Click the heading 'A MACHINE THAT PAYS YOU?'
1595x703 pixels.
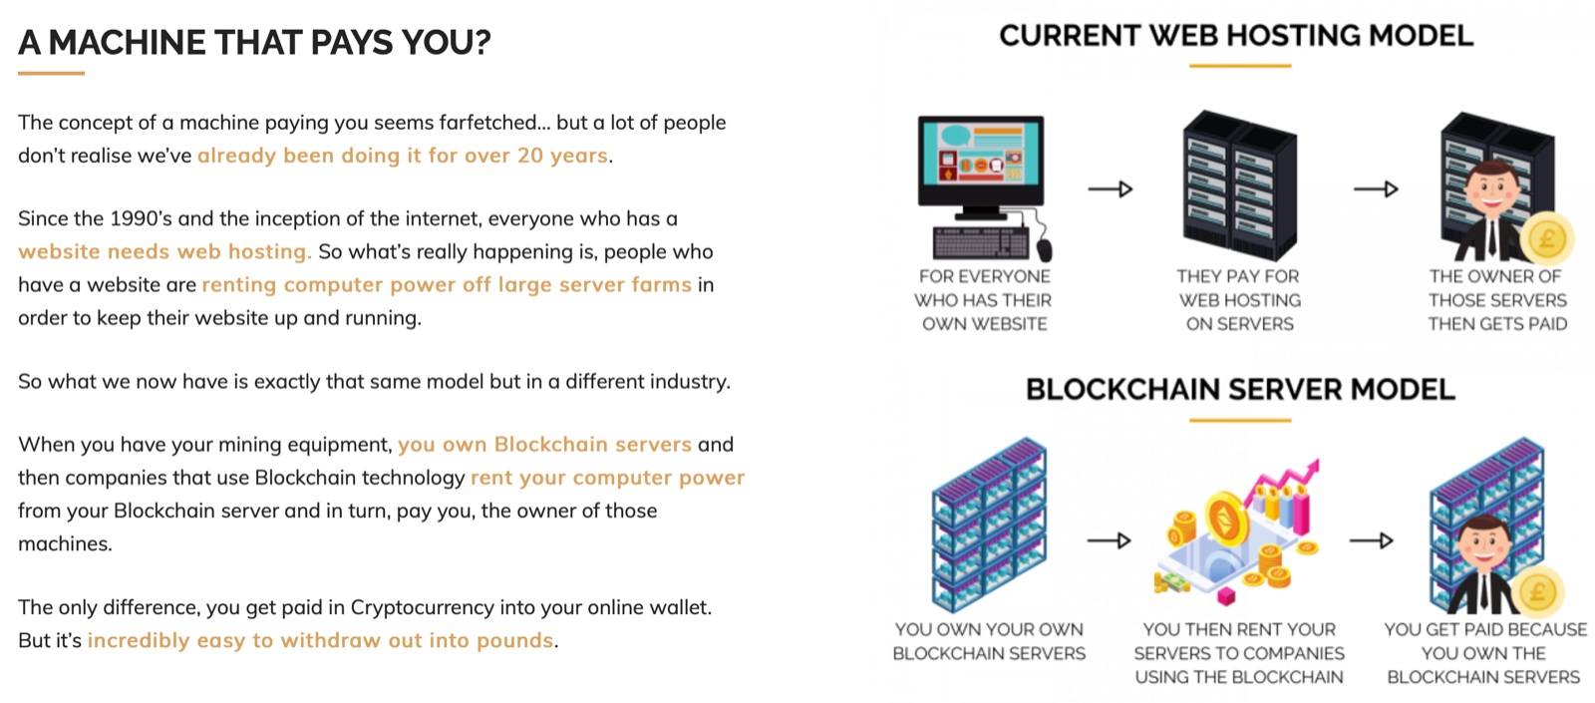click(254, 42)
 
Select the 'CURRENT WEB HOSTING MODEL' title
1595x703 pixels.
click(1236, 36)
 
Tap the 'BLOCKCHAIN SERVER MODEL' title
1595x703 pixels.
click(1240, 389)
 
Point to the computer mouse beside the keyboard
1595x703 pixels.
click(1044, 249)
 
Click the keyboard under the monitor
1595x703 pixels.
click(981, 243)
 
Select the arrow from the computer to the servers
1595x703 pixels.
click(1111, 188)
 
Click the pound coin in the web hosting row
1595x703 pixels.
click(1546, 238)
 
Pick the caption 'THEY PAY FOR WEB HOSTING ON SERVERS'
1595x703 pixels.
click(1240, 300)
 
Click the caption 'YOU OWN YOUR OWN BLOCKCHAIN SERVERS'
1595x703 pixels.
click(989, 641)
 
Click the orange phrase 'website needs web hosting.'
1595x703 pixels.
click(165, 251)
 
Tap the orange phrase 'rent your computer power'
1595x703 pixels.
click(607, 478)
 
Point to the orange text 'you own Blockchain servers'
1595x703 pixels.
click(544, 444)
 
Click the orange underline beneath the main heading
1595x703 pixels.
click(51, 73)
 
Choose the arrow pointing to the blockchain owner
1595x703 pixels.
click(1372, 540)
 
